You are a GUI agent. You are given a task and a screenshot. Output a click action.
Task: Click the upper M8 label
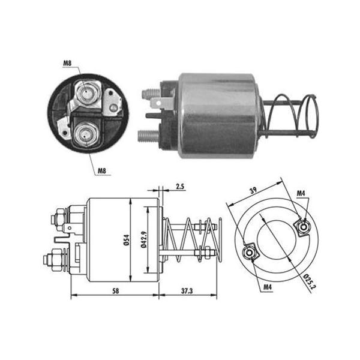67,63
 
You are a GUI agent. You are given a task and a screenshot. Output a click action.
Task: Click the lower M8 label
102,171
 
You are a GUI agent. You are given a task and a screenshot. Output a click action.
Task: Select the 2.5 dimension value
180,187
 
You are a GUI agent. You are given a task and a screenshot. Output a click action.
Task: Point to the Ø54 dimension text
126,240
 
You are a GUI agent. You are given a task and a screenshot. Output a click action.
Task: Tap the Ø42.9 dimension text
144,239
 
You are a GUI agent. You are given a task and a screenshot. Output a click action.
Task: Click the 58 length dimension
116,291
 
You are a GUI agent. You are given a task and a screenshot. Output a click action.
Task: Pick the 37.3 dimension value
187,291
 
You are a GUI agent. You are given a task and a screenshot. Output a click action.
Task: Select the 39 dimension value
253,191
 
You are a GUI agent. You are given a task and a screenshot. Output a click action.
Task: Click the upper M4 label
301,194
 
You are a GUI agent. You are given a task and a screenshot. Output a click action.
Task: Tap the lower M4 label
268,287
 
